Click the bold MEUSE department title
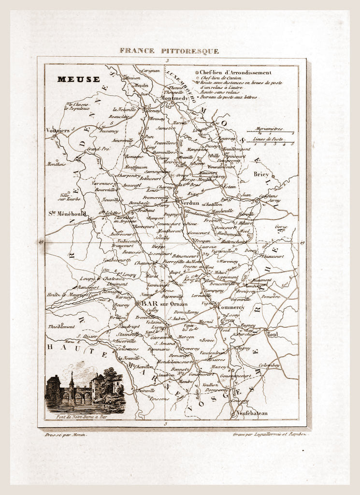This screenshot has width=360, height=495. click(x=78, y=79)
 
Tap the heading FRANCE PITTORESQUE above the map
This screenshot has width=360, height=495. click(x=169, y=51)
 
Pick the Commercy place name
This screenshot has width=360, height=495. click(x=231, y=307)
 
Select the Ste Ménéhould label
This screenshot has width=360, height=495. click(x=67, y=213)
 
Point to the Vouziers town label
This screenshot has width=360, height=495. click(x=57, y=130)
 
